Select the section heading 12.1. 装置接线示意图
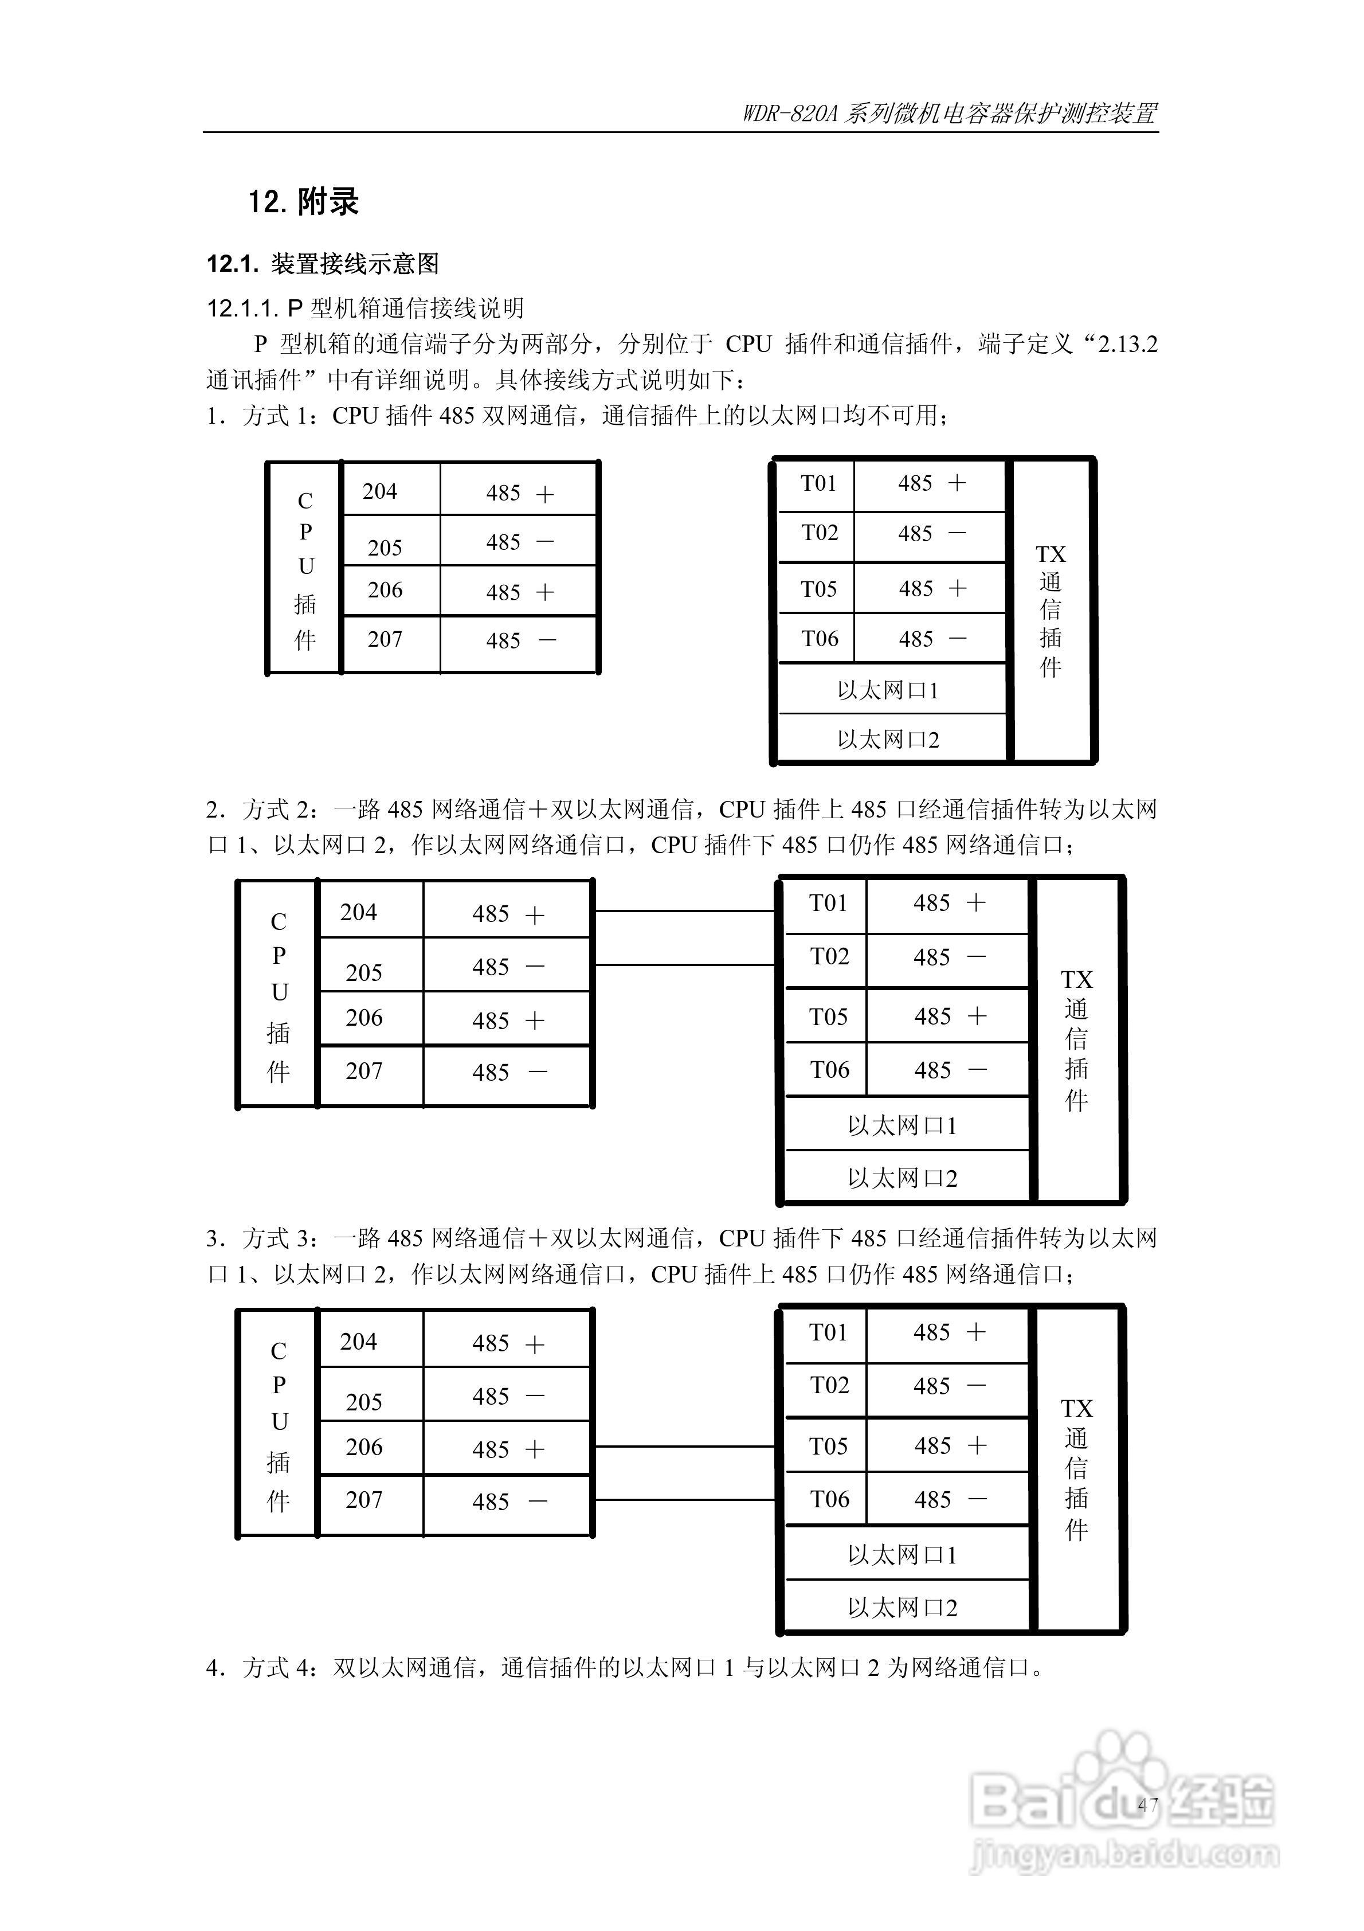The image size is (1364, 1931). point(323,264)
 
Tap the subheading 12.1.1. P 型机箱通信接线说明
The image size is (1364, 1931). point(366,308)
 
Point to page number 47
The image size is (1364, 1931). point(1148,1805)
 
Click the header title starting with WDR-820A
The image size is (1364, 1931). point(950,114)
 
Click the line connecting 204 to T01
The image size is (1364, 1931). point(684,911)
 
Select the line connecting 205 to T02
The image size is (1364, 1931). point(684,965)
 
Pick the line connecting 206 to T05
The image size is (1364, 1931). point(684,1447)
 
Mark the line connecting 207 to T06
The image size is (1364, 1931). point(684,1499)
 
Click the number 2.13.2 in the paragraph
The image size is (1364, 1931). point(1128,344)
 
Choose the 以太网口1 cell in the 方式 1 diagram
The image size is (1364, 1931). point(888,690)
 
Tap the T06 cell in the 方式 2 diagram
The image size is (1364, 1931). point(829,1070)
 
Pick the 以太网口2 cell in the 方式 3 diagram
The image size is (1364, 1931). point(902,1608)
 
